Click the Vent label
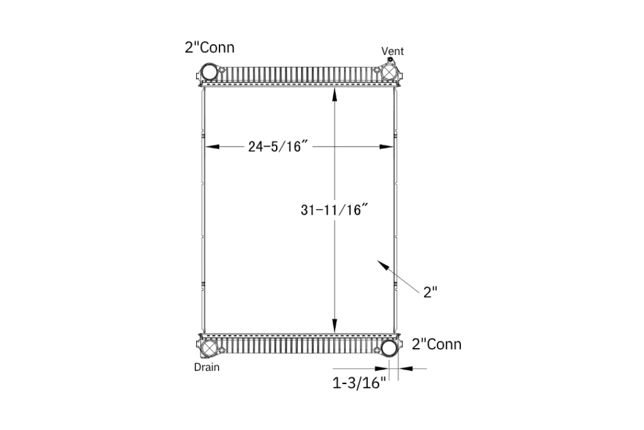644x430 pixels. pos(392,51)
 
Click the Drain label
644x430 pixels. pos(206,367)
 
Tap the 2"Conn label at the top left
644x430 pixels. pos(209,47)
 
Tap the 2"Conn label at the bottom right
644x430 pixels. pos(436,344)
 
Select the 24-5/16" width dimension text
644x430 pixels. pos(278,146)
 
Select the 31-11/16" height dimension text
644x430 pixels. pos(334,210)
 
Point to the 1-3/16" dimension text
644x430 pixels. pos(359,383)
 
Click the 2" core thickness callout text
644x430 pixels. pos(430,292)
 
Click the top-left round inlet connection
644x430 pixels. pos(209,72)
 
